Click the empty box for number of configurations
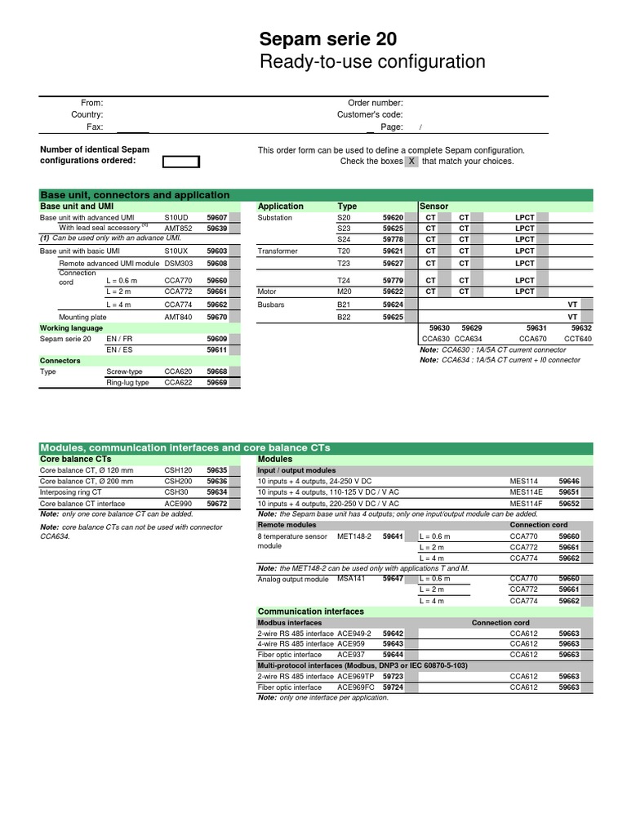181,161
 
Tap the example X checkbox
411,162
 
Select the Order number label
376,103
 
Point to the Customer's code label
370,115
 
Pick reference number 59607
216,218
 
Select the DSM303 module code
179,264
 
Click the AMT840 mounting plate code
178,317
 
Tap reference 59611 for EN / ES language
216,349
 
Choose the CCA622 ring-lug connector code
178,382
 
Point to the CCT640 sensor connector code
577,338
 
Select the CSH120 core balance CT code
178,471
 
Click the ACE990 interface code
178,504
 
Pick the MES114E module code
527,492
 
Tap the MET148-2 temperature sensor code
354,536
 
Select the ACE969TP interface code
356,677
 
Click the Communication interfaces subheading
310,611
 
